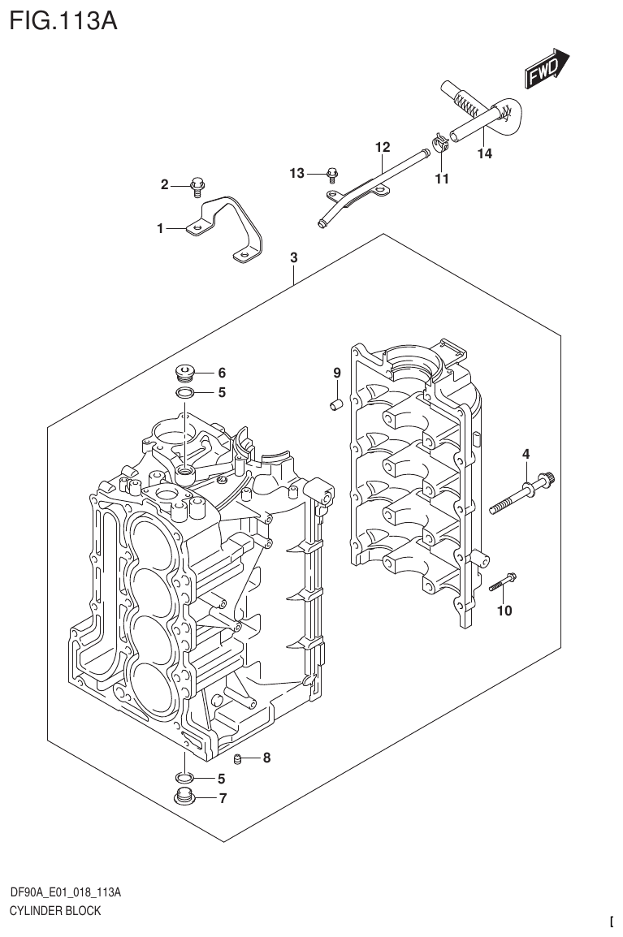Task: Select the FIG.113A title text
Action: [63, 19]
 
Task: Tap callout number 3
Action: [294, 258]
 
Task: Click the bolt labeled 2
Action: [197, 188]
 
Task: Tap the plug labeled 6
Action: [186, 374]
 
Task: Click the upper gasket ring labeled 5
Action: [185, 394]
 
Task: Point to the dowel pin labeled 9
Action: [335, 404]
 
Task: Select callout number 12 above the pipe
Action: [383, 148]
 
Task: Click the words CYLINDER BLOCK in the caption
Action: [55, 910]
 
